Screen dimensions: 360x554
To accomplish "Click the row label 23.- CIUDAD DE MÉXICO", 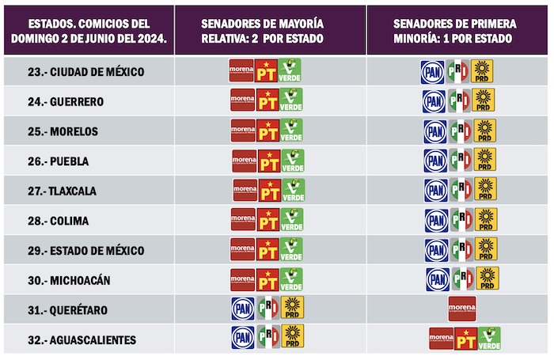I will pyautogui.click(x=85, y=72).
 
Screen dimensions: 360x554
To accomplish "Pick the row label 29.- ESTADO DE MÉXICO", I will pyautogui.click(x=85, y=251).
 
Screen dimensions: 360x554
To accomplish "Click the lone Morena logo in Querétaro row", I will pyautogui.click(x=462, y=308).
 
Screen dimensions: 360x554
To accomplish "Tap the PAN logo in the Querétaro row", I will pyautogui.click(x=243, y=308).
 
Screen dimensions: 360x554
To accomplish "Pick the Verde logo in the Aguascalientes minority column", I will pyautogui.click(x=488, y=339).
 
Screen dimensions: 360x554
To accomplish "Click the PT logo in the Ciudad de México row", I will pyautogui.click(x=268, y=72).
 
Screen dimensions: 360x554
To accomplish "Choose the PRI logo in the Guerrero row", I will pyautogui.click(x=458, y=100).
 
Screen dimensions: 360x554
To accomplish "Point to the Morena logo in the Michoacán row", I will pyautogui.click(x=243, y=279).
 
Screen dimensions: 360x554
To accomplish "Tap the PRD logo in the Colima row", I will pyautogui.click(x=485, y=219).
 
